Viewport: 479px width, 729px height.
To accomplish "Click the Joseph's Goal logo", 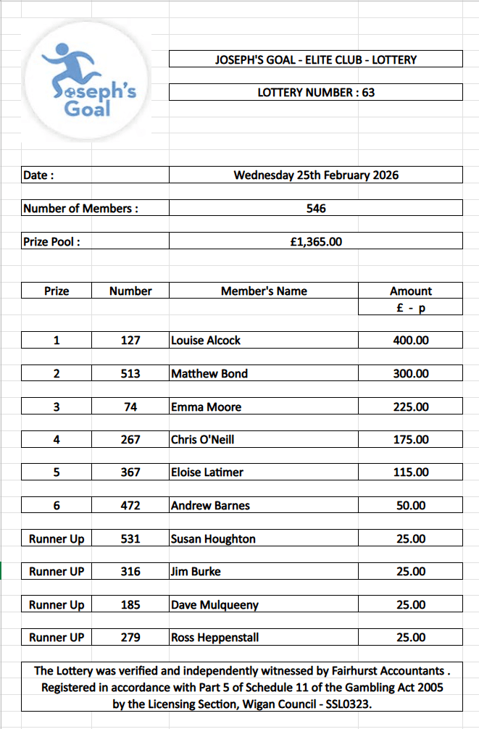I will (x=87, y=82).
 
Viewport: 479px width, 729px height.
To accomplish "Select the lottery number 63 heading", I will (x=316, y=93).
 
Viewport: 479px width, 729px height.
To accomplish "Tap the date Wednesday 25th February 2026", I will (x=316, y=175).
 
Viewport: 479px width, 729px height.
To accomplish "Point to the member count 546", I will (x=316, y=208).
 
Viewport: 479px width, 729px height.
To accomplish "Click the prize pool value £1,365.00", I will (x=316, y=241).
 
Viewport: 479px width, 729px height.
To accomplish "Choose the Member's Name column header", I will (x=264, y=291).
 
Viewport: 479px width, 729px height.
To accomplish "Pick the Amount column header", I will (x=411, y=291).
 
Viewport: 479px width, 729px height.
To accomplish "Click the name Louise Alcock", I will (x=206, y=340).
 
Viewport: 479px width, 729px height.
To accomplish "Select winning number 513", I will (x=130, y=373).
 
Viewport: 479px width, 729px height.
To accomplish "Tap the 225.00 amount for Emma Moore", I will (x=411, y=407).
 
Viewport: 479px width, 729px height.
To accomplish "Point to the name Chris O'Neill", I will (x=203, y=439).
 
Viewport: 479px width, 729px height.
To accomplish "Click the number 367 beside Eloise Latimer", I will (x=130, y=472).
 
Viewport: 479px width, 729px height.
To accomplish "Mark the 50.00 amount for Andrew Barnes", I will (x=411, y=505).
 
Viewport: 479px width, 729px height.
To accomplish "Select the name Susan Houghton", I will (x=213, y=538).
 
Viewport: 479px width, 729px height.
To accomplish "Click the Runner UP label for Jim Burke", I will (x=57, y=571).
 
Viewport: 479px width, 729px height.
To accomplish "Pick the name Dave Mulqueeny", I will (x=214, y=604).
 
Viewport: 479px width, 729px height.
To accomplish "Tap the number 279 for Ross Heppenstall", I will (x=130, y=638).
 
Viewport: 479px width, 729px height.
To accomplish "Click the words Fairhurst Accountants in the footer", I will (x=391, y=671).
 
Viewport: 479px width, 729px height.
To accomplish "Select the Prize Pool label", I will (x=51, y=242).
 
